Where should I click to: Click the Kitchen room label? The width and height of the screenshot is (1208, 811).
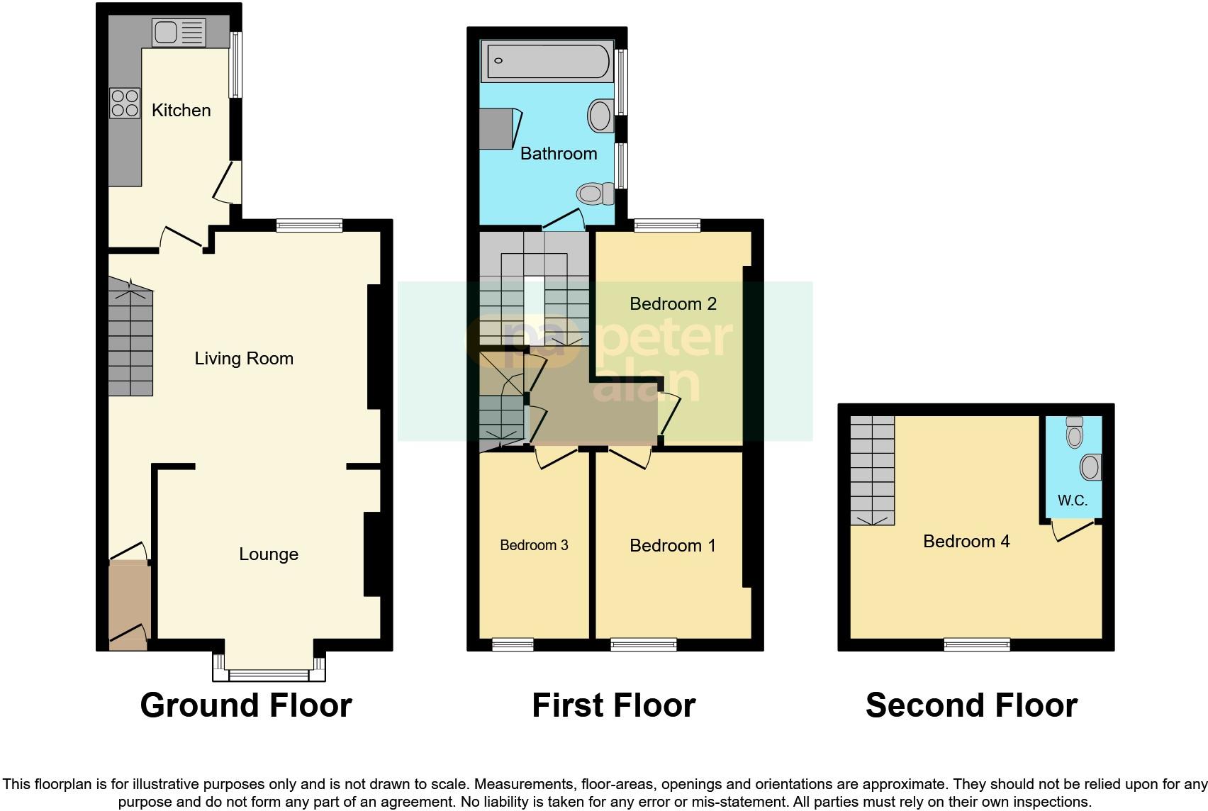tap(181, 110)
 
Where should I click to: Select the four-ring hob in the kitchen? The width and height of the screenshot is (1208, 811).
tap(125, 103)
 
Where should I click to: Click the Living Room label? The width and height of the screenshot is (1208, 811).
tap(244, 359)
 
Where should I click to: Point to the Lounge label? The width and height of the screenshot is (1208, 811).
tap(268, 554)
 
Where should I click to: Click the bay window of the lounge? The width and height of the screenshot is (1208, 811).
tap(269, 673)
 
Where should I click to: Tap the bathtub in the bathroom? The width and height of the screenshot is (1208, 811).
tap(547, 61)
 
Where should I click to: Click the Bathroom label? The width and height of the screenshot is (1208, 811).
tap(559, 154)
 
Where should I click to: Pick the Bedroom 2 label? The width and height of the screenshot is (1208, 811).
tap(673, 304)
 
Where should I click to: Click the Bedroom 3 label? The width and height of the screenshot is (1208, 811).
tap(534, 545)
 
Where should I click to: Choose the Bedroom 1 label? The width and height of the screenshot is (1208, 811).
tap(672, 546)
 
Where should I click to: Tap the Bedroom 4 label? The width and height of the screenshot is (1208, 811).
tap(966, 542)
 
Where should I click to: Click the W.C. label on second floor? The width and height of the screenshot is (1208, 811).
tap(1072, 500)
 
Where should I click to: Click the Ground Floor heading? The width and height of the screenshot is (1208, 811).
tap(245, 705)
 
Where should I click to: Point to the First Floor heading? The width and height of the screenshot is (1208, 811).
tap(613, 705)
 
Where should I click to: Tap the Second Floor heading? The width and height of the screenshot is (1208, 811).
tap(971, 705)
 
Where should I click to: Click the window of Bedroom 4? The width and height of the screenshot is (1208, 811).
tap(977, 644)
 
